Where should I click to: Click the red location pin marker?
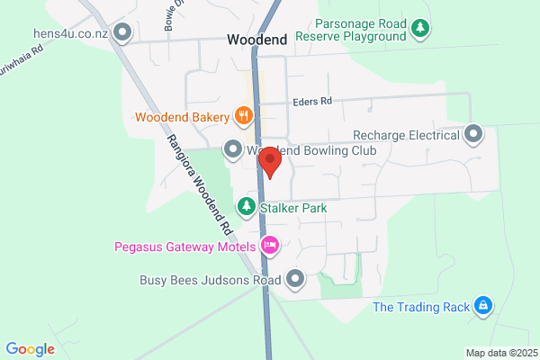click(270, 162)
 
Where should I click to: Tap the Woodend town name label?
click(257, 40)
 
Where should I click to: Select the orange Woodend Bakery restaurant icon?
click(243, 115)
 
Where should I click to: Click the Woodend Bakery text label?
click(182, 116)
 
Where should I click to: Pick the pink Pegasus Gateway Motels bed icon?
click(268, 245)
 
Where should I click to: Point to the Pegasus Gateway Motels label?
click(184, 245)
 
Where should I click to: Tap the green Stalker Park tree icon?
click(244, 208)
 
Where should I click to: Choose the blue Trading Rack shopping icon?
click(483, 307)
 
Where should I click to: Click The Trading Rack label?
click(421, 307)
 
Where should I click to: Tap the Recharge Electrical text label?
click(407, 135)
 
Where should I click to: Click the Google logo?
click(30, 349)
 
